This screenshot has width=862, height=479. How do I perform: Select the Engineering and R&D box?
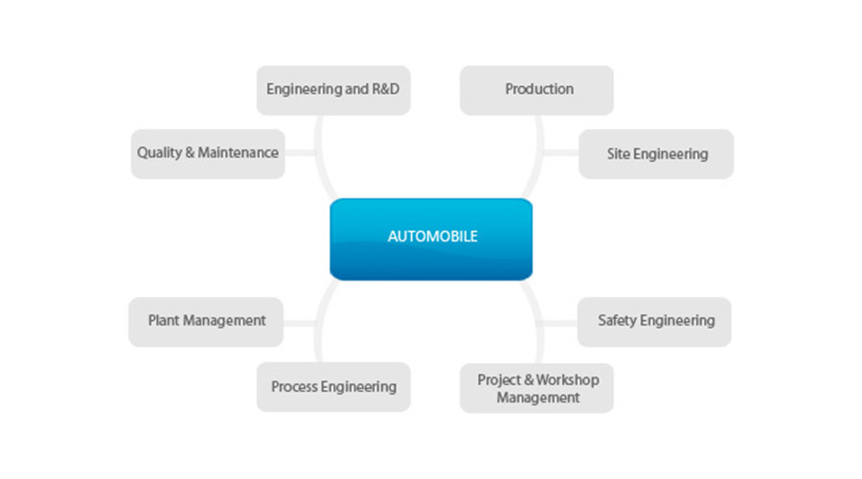333,90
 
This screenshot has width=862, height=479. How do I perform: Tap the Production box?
536,90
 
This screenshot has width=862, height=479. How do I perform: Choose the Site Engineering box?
656,153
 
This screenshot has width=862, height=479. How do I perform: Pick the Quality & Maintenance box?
208,153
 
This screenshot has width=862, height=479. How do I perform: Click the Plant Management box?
206,321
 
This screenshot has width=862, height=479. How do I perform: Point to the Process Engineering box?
333,387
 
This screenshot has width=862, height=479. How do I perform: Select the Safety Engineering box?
655,321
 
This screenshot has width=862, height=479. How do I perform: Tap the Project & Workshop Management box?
536,387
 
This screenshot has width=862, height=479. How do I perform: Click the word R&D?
382,90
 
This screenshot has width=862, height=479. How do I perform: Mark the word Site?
619,153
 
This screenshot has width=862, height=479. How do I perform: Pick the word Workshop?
565,379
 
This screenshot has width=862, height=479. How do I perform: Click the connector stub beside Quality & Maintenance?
300,153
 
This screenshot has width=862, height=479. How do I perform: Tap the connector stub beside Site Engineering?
562,153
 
